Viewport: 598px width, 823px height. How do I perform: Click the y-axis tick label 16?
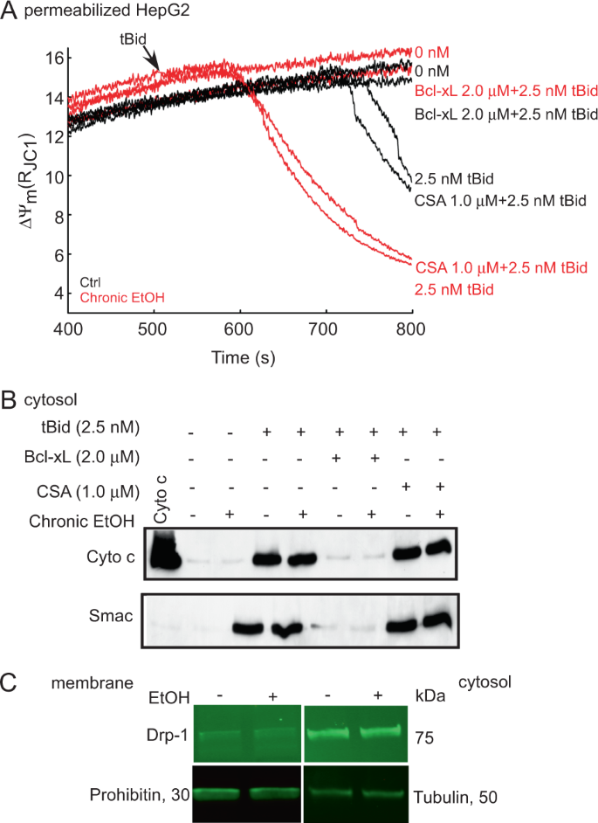tap(52, 59)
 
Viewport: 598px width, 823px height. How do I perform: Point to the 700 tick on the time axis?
tap(325, 328)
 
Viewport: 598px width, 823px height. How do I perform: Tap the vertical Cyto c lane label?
tap(160, 501)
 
